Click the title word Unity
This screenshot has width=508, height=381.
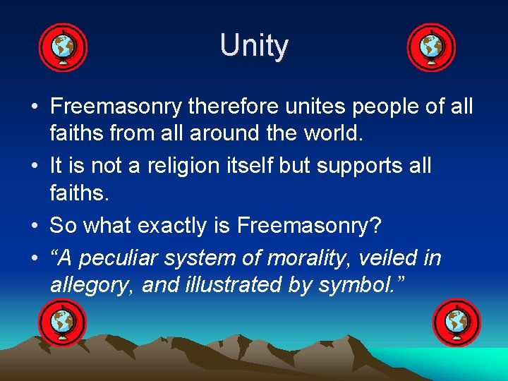pos(254,47)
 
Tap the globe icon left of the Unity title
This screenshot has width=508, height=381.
pos(63,48)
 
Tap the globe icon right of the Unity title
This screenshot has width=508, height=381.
pos(431,48)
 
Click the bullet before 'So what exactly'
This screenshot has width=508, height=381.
pos(34,226)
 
